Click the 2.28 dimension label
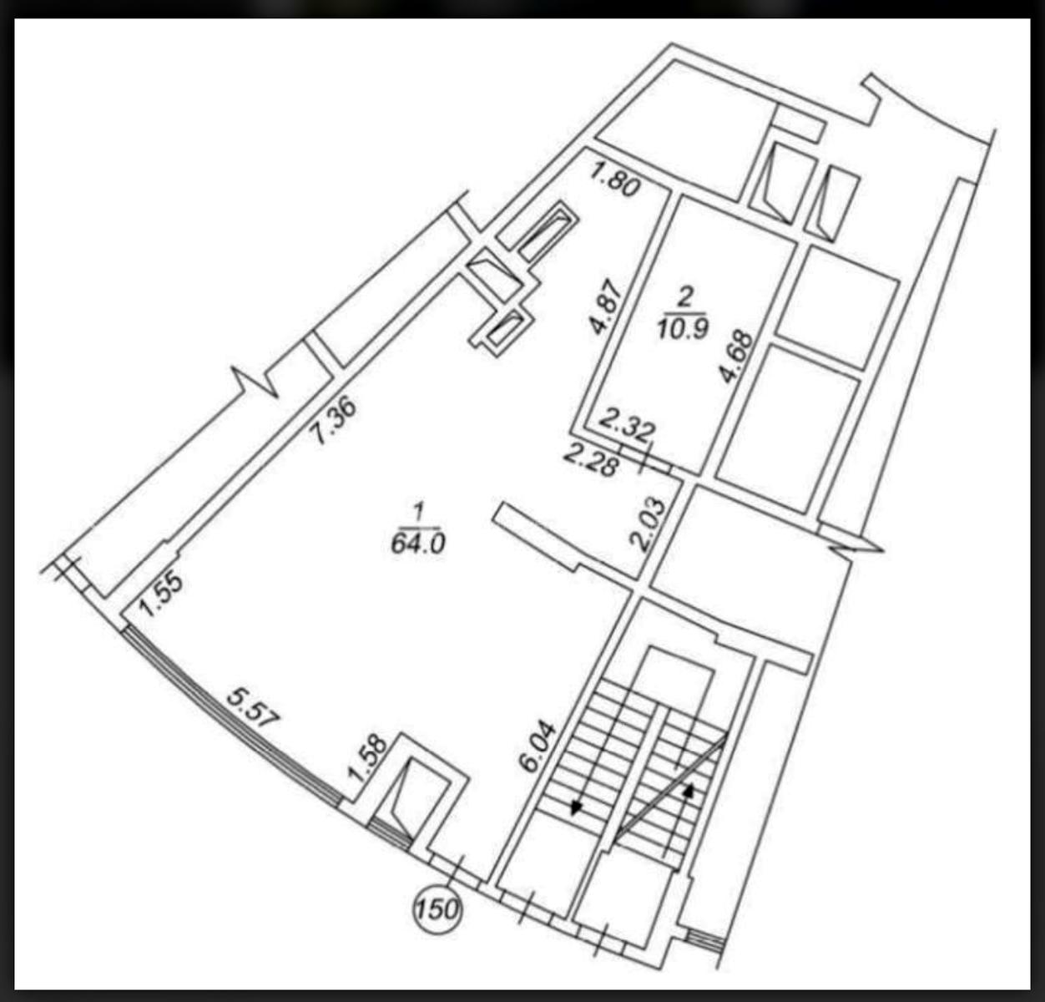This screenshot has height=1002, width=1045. (592, 460)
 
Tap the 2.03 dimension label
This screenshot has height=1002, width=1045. (650, 524)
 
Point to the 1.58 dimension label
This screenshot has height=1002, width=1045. (368, 757)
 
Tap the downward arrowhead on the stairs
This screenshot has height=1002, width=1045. (576, 807)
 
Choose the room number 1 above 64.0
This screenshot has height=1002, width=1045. (417, 509)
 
